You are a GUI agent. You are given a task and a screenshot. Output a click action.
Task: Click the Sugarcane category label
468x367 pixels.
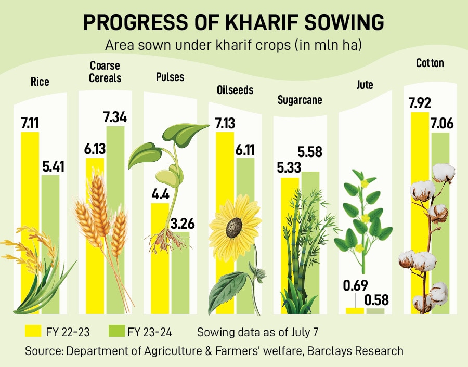tap(300, 99)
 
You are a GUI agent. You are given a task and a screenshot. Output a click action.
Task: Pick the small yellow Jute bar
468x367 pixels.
tap(355, 310)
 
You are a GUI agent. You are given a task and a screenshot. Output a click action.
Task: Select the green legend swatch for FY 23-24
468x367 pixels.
tap(116, 331)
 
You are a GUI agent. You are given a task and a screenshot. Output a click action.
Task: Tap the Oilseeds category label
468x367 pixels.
tap(235, 90)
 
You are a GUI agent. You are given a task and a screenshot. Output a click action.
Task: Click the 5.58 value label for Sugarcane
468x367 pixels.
tap(310, 152)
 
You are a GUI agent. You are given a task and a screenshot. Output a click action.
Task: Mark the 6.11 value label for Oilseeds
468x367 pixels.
tap(245, 149)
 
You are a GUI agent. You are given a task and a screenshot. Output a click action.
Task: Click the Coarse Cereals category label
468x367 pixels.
tap(105, 72)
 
